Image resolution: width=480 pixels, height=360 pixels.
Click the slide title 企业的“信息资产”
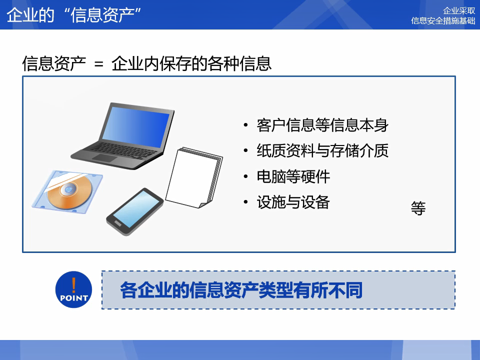click(x=74, y=14)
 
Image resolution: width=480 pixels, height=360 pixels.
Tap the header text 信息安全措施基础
click(x=443, y=20)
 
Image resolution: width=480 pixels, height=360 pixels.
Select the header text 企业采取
click(x=459, y=10)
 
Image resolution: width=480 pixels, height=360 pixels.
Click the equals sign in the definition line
click(x=98, y=64)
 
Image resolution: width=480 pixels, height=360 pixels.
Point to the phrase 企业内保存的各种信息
click(x=191, y=63)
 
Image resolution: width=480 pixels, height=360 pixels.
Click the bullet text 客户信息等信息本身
click(x=322, y=125)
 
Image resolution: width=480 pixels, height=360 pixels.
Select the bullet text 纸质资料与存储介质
click(x=322, y=150)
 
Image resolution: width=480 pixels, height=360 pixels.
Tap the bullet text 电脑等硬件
click(x=293, y=176)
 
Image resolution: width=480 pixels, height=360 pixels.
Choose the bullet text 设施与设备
click(x=293, y=202)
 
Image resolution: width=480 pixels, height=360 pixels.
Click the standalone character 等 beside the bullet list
click(x=418, y=208)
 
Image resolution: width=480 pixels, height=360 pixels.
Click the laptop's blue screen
click(x=135, y=126)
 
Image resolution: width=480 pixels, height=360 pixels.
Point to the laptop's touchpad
click(x=104, y=158)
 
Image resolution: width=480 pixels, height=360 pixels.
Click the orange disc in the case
click(x=69, y=190)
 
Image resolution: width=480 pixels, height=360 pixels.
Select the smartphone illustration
click(x=135, y=211)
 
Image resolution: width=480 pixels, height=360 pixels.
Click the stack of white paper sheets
click(x=194, y=177)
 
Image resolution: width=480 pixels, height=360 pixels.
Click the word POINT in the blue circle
click(x=74, y=298)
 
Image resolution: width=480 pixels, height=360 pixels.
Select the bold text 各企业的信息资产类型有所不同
click(x=241, y=290)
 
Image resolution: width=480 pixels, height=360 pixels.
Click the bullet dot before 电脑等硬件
click(x=245, y=176)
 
